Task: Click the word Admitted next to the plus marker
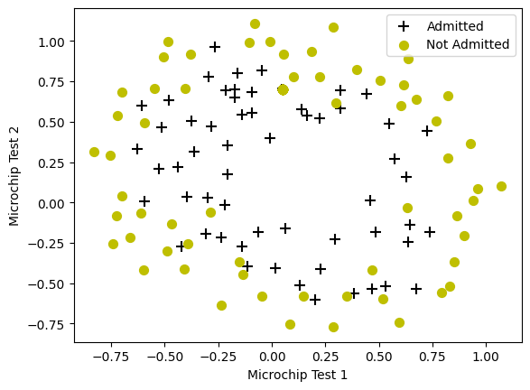(455, 26)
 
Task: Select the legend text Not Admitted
(467, 44)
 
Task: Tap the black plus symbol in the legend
(404, 26)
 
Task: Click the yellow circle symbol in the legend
(404, 44)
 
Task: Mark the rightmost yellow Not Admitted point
(501, 186)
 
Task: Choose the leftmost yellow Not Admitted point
(94, 152)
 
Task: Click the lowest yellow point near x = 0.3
(333, 327)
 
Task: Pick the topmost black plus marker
(215, 46)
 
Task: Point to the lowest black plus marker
(315, 300)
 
